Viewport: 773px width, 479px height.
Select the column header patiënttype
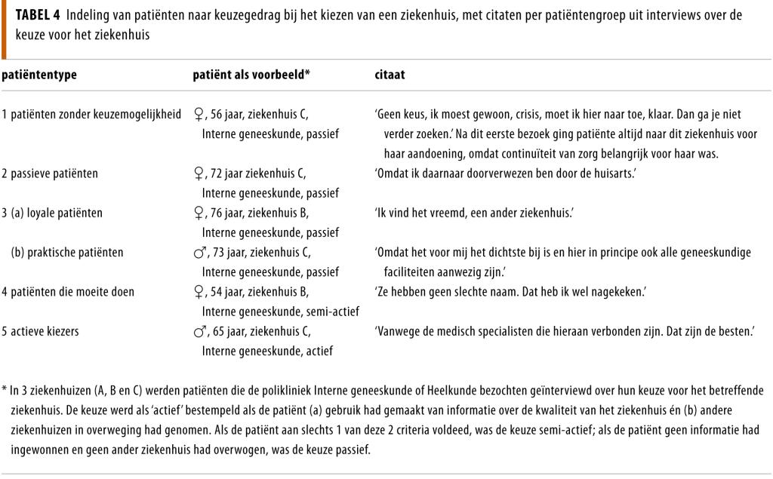point(39,75)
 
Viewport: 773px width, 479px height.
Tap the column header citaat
point(390,75)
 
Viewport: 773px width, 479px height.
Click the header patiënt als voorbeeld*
point(252,75)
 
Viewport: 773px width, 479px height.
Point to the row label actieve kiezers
point(43,331)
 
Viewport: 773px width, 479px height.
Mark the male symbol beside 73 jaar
point(199,252)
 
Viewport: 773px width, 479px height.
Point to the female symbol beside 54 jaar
point(199,291)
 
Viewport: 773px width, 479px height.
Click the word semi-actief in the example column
point(334,311)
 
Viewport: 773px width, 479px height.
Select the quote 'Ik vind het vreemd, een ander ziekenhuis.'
point(474,213)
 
